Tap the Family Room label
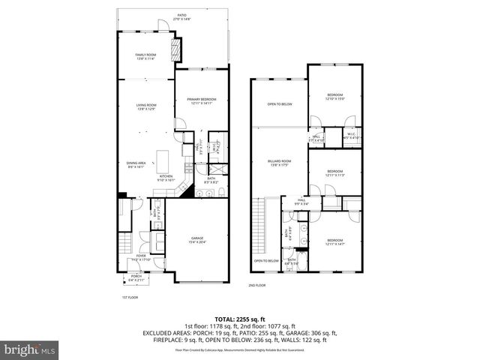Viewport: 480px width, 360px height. click(x=145, y=57)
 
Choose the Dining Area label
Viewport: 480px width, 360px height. click(x=135, y=166)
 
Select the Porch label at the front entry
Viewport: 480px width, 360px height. click(x=136, y=277)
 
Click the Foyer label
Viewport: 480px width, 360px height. click(x=140, y=257)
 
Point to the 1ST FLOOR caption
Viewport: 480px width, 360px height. click(x=130, y=297)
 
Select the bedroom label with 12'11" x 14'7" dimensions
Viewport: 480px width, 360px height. click(x=334, y=242)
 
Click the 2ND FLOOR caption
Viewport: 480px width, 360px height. click(x=257, y=285)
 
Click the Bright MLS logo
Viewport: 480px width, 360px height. click(x=30, y=349)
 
